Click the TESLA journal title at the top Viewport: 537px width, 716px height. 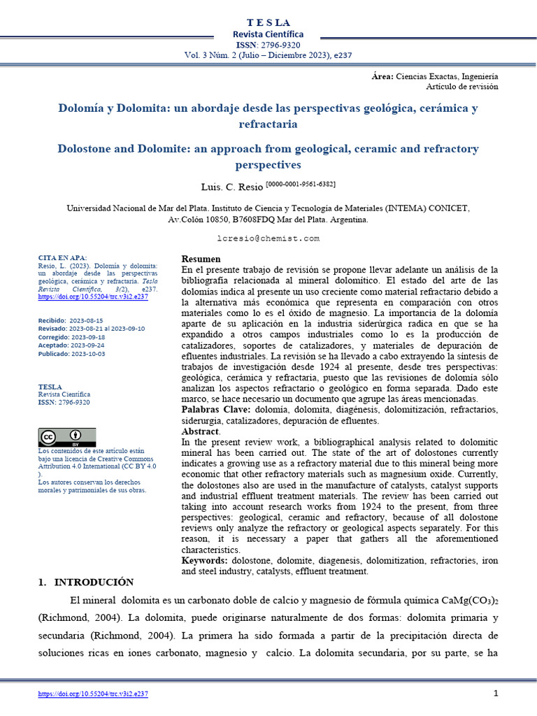(x=268, y=23)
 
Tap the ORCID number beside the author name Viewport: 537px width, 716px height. (x=301, y=184)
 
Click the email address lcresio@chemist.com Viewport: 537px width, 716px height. (x=268, y=238)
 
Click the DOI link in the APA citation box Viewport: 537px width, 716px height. (x=93, y=296)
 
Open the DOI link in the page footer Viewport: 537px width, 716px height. (x=93, y=694)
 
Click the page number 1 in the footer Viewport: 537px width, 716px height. (x=495, y=693)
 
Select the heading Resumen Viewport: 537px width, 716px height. (x=201, y=259)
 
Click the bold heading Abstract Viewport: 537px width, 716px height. (x=200, y=431)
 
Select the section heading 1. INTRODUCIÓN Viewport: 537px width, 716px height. (x=85, y=582)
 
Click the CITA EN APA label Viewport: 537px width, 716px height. (x=63, y=257)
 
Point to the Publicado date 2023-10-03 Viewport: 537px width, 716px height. (x=87, y=354)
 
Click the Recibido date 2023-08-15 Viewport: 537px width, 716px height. (x=86, y=320)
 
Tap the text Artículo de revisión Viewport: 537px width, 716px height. (x=461, y=87)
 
